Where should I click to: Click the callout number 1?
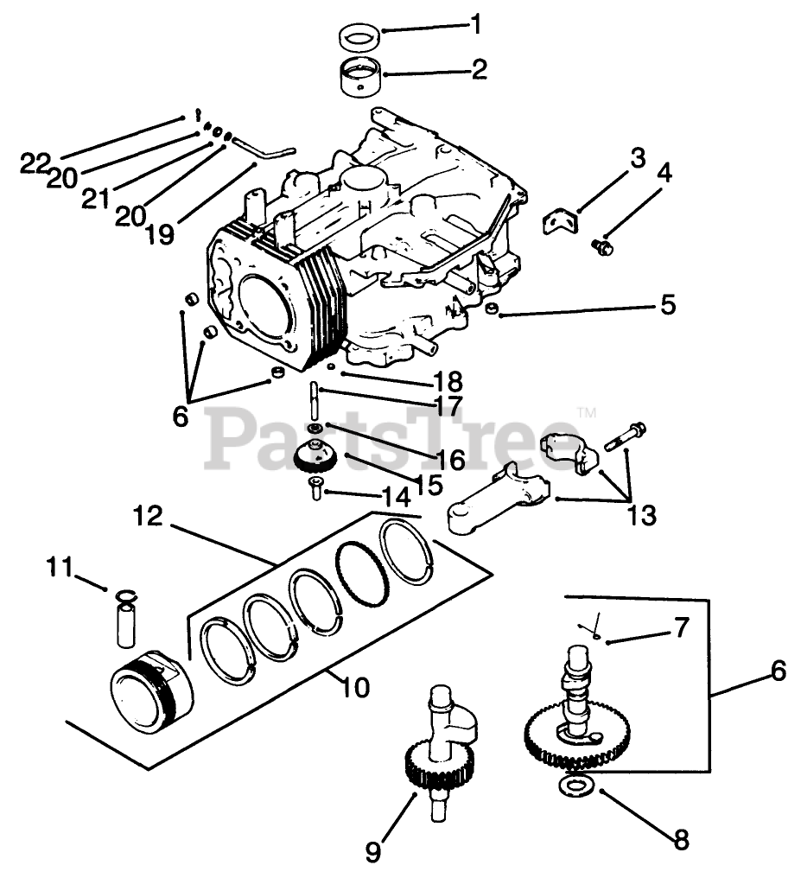click(474, 24)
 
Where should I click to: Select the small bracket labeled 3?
click(556, 220)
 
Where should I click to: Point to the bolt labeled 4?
click(602, 247)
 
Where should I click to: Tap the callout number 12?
click(148, 518)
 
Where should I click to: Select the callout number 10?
click(355, 688)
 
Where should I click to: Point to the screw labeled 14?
click(316, 492)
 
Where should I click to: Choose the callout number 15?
click(429, 485)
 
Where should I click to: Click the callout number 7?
click(682, 628)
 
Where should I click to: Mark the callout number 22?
click(35, 163)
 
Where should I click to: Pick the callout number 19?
click(160, 233)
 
